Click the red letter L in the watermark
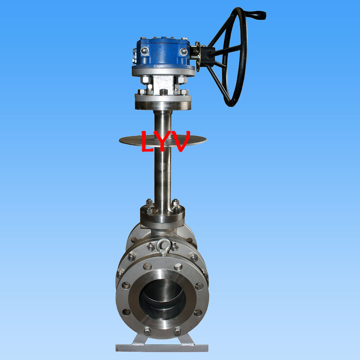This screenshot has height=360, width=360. tap(147, 141)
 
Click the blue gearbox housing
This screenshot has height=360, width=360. tap(163, 53)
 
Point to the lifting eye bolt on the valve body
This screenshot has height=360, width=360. tap(163, 247)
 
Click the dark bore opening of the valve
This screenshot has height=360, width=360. tap(163, 300)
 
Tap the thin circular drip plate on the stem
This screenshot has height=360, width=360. tap(163, 140)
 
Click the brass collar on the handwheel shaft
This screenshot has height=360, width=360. tap(197, 54)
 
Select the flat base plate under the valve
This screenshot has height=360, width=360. tap(162, 348)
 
